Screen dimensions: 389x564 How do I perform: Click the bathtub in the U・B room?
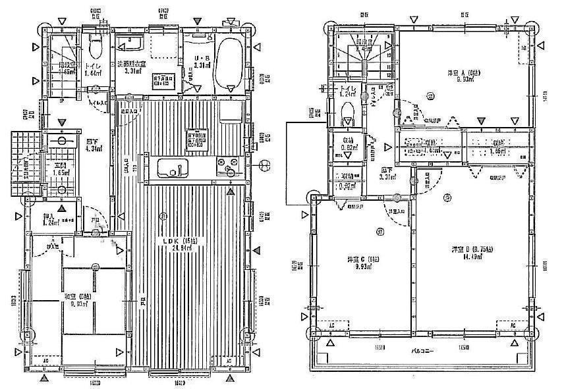tap(229, 63)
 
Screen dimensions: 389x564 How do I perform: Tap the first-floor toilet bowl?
tap(94, 47)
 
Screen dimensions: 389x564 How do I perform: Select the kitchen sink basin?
tap(172, 169)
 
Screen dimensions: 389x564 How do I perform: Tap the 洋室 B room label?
tap(471, 249)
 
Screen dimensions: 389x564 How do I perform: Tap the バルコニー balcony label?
tap(423, 351)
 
